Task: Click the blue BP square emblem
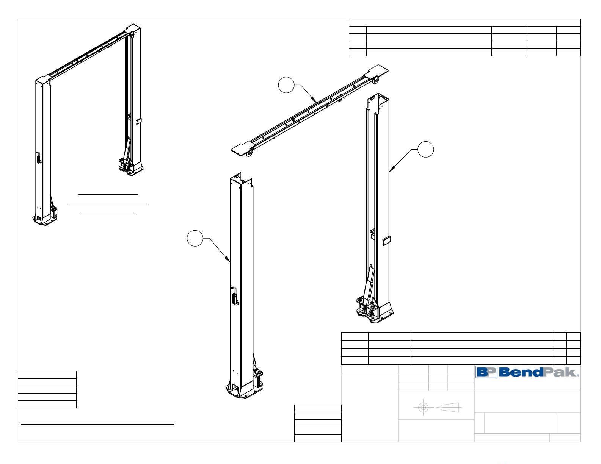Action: click(486, 372)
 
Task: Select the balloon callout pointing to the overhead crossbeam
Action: click(286, 85)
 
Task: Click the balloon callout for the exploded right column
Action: click(426, 149)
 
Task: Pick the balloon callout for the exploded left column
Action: click(195, 238)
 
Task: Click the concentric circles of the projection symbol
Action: click(423, 408)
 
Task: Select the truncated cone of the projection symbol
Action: click(450, 408)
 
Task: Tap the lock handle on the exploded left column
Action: click(235, 296)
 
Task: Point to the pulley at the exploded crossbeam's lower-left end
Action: click(249, 153)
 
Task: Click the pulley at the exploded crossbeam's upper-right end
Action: click(376, 79)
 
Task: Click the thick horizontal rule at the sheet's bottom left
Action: click(97, 425)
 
